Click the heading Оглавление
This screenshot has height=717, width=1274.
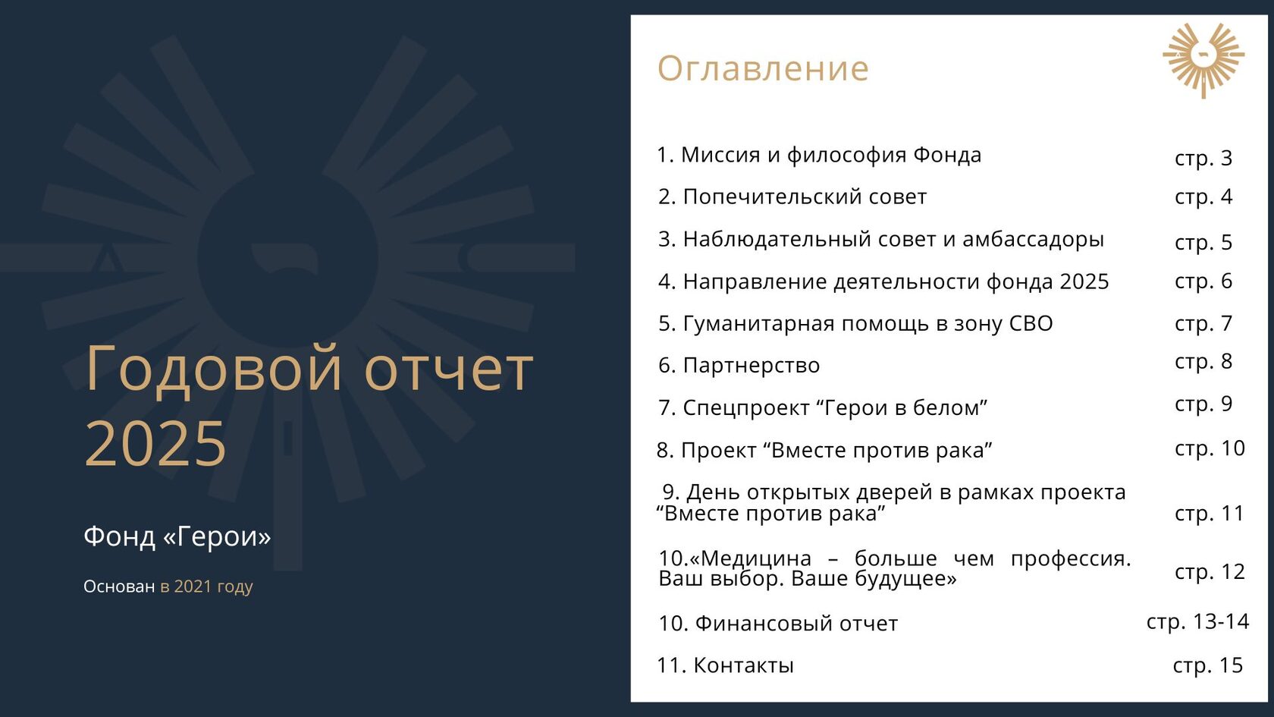[763, 69]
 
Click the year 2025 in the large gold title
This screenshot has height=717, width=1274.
[155, 443]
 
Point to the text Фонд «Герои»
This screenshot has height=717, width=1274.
[177, 536]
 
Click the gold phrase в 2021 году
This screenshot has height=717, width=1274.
[206, 586]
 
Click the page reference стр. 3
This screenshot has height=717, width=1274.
[1203, 158]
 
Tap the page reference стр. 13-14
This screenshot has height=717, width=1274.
[1198, 621]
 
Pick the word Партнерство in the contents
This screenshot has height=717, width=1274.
[752, 366]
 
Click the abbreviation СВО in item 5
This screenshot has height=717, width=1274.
[1031, 323]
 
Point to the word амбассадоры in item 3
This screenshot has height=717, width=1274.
[1033, 240]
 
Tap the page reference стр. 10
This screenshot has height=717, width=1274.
[1210, 448]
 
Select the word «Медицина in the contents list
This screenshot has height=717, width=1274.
[751, 558]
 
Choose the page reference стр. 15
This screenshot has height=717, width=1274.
[1208, 665]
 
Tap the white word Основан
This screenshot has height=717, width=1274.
[119, 586]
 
